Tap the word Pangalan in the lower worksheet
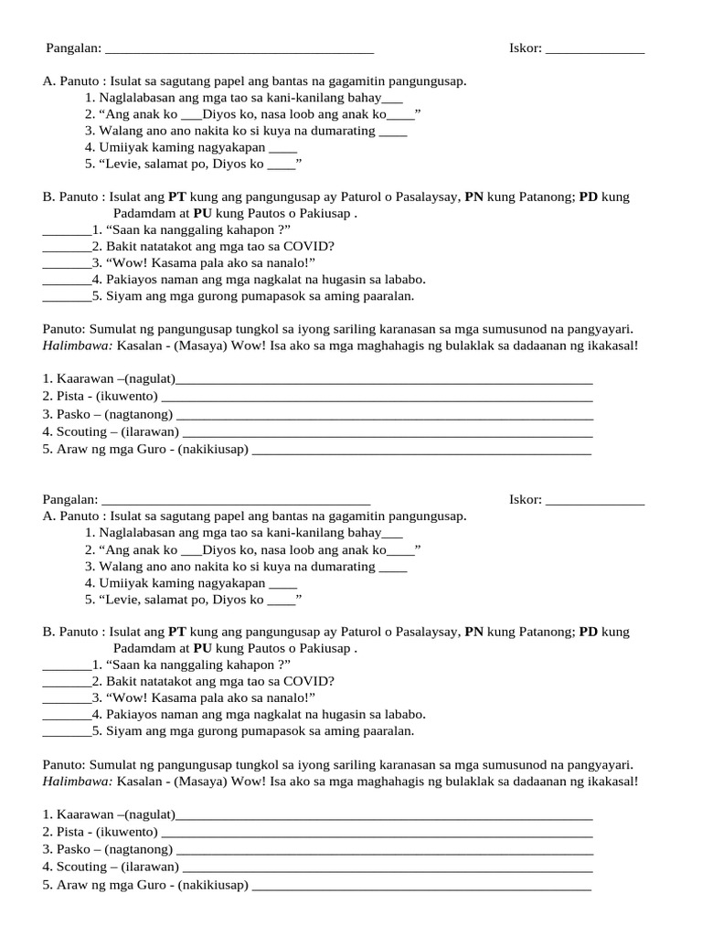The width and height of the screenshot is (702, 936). (69, 499)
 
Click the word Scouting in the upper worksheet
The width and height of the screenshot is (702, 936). (81, 431)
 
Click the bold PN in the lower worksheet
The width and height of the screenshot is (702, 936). (474, 632)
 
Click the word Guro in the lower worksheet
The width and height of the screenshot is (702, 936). (159, 884)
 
